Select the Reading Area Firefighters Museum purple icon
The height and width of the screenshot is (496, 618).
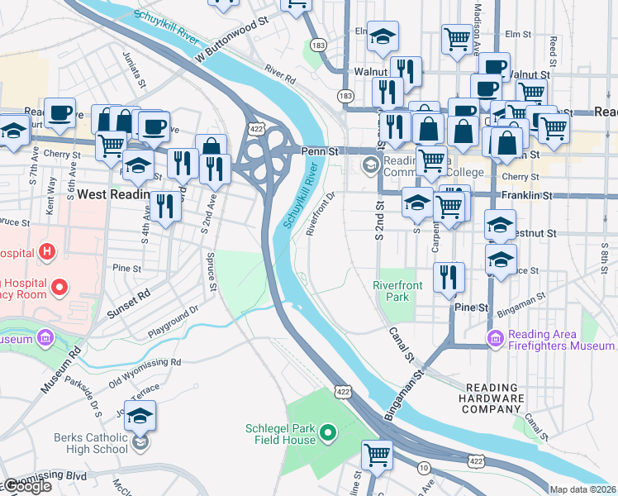pyautogui.click(x=495, y=338)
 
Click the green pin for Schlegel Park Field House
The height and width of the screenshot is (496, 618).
pyautogui.click(x=328, y=432)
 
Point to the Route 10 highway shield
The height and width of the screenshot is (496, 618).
pyautogui.click(x=424, y=469)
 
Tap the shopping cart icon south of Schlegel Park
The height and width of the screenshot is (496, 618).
pyautogui.click(x=377, y=455)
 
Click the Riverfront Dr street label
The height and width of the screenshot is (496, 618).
pyautogui.click(x=321, y=213)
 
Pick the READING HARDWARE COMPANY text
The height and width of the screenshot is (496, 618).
pyautogui.click(x=494, y=398)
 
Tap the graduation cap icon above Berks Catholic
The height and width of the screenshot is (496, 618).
pyautogui.click(x=140, y=417)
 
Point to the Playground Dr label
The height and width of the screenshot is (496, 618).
pyautogui.click(x=174, y=322)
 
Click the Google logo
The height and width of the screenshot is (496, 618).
pyautogui.click(x=27, y=486)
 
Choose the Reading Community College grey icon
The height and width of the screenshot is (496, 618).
pyautogui.click(x=368, y=165)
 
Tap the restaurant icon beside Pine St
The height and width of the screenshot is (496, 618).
pyautogui.click(x=449, y=279)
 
